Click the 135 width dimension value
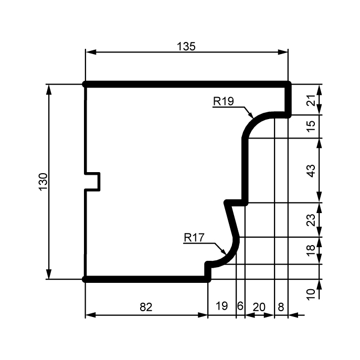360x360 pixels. pyautogui.click(x=186, y=46)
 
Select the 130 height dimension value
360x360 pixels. pyautogui.click(x=43, y=182)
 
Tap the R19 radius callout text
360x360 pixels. pyautogui.click(x=224, y=101)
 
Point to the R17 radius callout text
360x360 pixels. pyautogui.click(x=194, y=238)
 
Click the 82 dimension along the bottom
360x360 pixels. pyautogui.click(x=146, y=307)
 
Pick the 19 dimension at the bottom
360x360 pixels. pyautogui.click(x=222, y=306)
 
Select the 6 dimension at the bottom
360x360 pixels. pyautogui.click(x=240, y=306)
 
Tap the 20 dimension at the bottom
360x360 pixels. pyautogui.click(x=259, y=307)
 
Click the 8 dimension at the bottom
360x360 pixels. pyautogui.click(x=281, y=307)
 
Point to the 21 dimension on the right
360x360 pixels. pyautogui.click(x=311, y=100)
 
